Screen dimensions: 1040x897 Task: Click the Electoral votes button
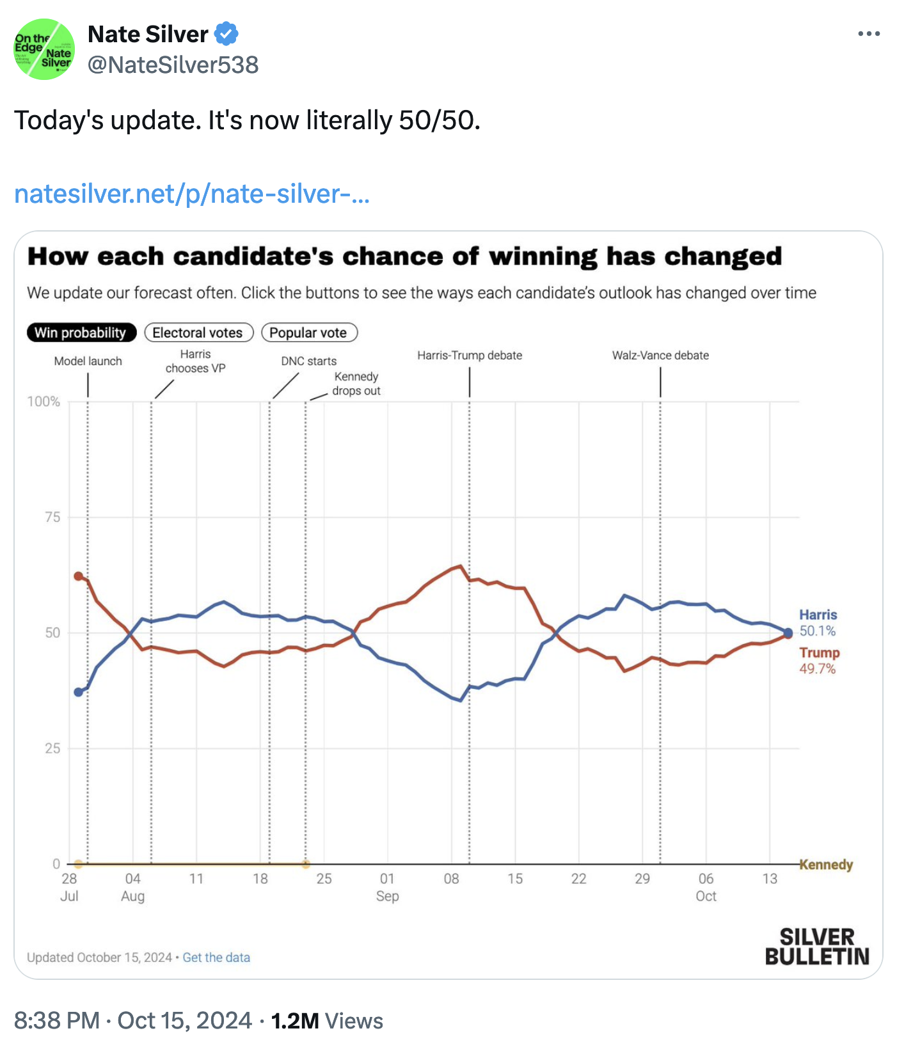pyautogui.click(x=198, y=333)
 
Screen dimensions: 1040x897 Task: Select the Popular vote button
pyautogui.click(x=309, y=333)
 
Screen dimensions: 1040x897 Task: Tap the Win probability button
pyautogui.click(x=81, y=333)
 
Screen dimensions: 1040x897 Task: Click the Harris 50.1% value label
pyautogui.click(x=818, y=631)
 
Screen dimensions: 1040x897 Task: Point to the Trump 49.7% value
pyautogui.click(x=818, y=668)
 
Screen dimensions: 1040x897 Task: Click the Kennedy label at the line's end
pyautogui.click(x=826, y=865)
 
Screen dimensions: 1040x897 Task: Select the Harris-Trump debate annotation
pyautogui.click(x=470, y=356)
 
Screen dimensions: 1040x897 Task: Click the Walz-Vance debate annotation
pyautogui.click(x=660, y=356)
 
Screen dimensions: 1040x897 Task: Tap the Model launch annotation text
pyautogui.click(x=88, y=361)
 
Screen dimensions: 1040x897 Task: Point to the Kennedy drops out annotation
pyautogui.click(x=356, y=384)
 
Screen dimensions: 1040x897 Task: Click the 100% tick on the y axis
pyautogui.click(x=44, y=402)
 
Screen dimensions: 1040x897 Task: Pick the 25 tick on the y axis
pyautogui.click(x=52, y=748)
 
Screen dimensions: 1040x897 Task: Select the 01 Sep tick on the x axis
pyautogui.click(x=387, y=886)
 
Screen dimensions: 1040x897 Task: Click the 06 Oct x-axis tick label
pyautogui.click(x=706, y=886)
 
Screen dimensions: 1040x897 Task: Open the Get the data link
pyautogui.click(x=216, y=957)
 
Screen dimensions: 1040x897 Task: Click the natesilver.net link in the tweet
pyautogui.click(x=191, y=194)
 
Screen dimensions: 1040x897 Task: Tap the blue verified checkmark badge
pyautogui.click(x=226, y=34)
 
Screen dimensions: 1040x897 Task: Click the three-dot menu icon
pyautogui.click(x=869, y=34)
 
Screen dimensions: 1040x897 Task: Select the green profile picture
pyautogui.click(x=44, y=49)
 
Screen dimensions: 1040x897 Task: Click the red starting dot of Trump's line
pyautogui.click(x=79, y=576)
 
